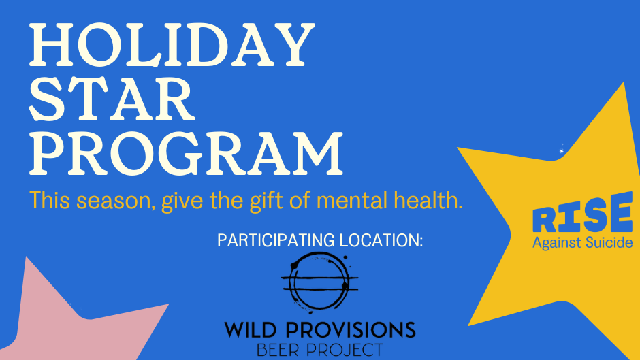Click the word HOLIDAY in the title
172,45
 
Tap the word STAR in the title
112,99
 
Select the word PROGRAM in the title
187,154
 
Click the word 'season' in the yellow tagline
116,201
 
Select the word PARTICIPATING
276,240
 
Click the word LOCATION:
381,240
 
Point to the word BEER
278,350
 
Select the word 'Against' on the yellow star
557,243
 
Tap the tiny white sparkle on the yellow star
562,150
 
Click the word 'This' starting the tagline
50,200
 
